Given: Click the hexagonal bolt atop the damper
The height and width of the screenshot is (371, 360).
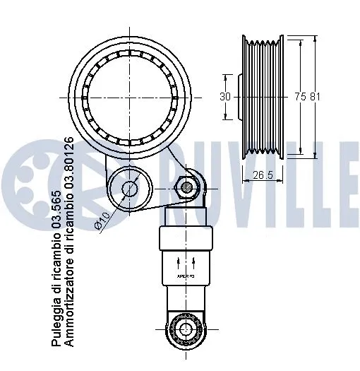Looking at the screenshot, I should coord(186,187).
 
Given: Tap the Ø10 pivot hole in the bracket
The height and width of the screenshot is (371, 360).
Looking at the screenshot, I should coord(130,188).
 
